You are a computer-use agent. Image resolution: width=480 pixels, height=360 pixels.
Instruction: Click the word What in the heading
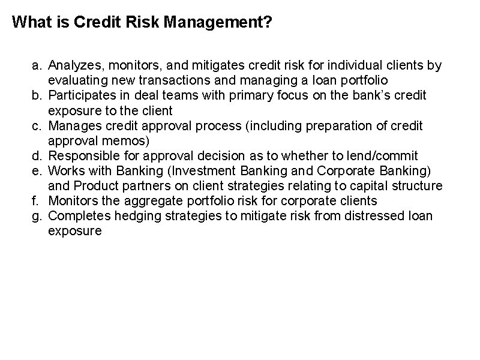click(28, 23)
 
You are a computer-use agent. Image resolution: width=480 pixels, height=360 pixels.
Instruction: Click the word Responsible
click(81, 156)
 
